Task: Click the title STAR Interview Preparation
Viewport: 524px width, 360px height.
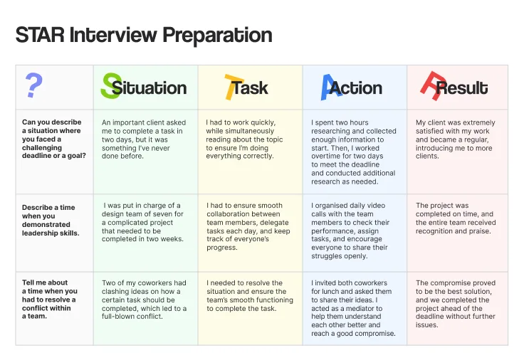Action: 144,35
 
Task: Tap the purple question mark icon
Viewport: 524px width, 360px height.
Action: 33,86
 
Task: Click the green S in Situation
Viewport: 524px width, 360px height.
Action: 110,86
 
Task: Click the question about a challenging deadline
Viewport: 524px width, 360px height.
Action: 53,139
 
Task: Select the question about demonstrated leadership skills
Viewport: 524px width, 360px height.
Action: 51,220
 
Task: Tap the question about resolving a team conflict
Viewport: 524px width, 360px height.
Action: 50,300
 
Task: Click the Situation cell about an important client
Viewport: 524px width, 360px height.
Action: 142,139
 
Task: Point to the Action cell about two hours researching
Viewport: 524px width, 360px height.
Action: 353,152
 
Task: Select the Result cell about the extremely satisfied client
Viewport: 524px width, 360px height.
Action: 455,139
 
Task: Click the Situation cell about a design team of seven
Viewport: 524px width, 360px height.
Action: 143,223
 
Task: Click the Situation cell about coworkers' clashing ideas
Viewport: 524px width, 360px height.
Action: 144,300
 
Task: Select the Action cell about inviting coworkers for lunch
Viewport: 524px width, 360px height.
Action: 352,308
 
